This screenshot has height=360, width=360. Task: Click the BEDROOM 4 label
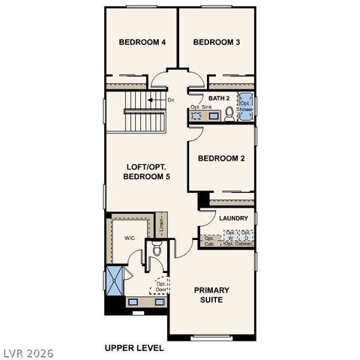(142, 43)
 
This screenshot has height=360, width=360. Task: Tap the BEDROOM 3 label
(216, 43)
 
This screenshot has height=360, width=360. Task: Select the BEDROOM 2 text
(221, 158)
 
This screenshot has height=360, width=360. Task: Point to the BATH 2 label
(219, 98)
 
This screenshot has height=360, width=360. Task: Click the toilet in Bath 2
(229, 113)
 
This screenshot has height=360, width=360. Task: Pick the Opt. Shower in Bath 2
(245, 106)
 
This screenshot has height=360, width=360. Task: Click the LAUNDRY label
(233, 219)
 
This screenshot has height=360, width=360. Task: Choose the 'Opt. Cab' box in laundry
(208, 240)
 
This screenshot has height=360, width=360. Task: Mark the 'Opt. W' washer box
(230, 235)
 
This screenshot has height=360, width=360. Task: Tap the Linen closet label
(160, 223)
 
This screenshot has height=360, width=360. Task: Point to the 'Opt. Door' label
(161, 287)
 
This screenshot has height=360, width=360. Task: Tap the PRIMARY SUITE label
(211, 295)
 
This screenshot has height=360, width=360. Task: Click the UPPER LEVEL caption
(133, 349)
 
